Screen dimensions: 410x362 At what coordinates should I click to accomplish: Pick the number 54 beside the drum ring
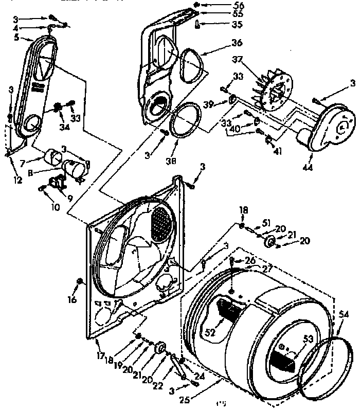(343, 314)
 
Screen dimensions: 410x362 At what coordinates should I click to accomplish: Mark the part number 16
(72, 299)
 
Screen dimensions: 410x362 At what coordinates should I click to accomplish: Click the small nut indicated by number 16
(79, 280)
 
